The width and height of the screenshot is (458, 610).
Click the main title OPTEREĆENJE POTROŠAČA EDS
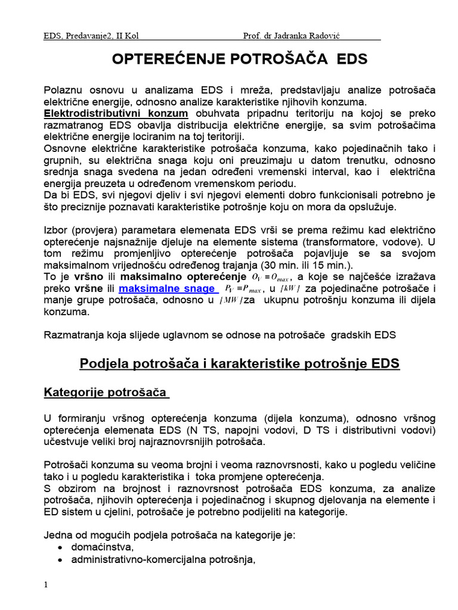click(240, 59)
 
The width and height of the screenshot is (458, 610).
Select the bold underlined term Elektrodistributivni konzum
click(116, 113)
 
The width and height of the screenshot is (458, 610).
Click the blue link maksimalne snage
click(167, 289)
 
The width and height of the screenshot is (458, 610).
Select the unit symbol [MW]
click(230, 300)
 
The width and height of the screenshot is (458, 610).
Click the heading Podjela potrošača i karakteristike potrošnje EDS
click(240, 363)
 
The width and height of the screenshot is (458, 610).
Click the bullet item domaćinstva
click(102, 547)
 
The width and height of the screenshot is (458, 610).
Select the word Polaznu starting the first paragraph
click(64, 90)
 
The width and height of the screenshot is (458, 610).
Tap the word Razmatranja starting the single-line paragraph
click(75, 334)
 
